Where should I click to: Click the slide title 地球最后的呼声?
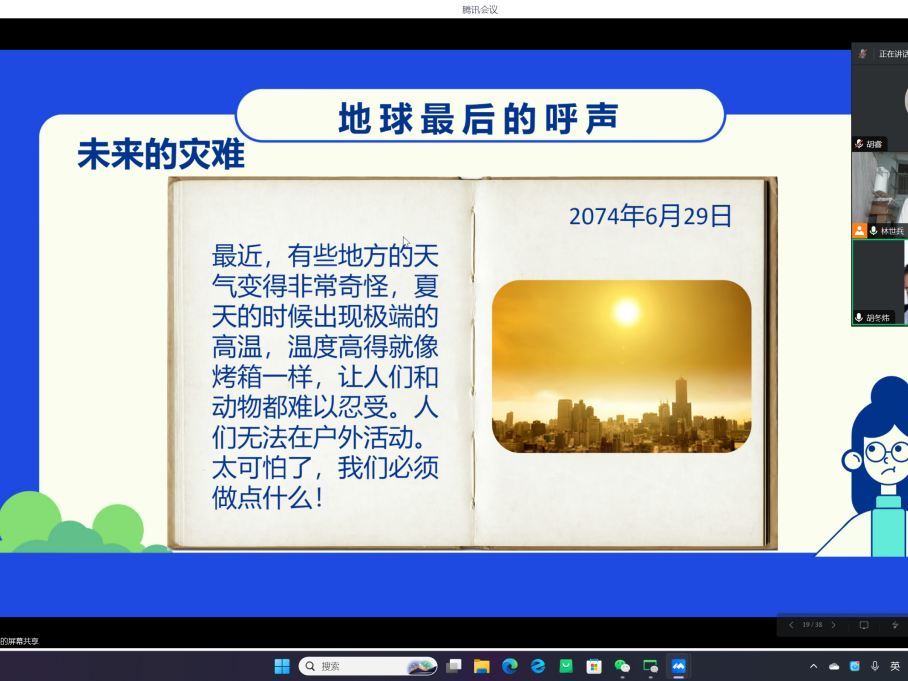(x=479, y=119)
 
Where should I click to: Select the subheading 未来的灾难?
(x=161, y=155)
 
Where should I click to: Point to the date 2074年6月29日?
(x=650, y=217)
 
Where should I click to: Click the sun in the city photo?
(x=626, y=312)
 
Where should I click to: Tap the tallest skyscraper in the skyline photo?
(x=681, y=405)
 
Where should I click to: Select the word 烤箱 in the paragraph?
(x=237, y=377)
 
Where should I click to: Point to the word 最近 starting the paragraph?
(x=237, y=255)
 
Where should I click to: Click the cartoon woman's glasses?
(x=886, y=452)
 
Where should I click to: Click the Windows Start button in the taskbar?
(x=282, y=666)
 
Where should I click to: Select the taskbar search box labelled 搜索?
(x=368, y=666)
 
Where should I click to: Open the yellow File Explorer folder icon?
(x=481, y=666)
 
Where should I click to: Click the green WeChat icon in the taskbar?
(x=622, y=666)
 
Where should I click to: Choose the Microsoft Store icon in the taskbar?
(x=594, y=666)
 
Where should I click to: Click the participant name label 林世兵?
(x=892, y=231)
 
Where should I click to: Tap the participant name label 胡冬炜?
(x=878, y=318)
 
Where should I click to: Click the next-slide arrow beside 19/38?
(x=833, y=625)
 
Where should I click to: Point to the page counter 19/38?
(x=812, y=625)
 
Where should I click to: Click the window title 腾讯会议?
(x=480, y=9)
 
